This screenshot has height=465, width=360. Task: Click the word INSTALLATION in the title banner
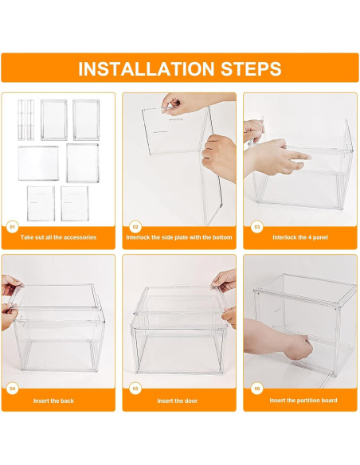(147, 68)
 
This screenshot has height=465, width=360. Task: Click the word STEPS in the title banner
(251, 68)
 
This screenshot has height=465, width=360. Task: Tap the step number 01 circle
(12, 227)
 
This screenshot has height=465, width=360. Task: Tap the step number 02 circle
(135, 227)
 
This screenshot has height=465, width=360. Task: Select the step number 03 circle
(256, 227)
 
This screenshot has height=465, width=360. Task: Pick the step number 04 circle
(12, 389)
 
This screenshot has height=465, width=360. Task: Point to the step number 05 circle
(135, 389)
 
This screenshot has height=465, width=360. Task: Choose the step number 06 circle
(256, 389)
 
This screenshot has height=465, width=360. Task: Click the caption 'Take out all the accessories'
(58, 237)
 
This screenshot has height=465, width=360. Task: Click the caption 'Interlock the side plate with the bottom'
(179, 237)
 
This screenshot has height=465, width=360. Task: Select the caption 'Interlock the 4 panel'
(300, 237)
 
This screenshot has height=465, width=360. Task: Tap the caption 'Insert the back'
(53, 401)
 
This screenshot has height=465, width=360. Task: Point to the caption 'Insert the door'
(178, 401)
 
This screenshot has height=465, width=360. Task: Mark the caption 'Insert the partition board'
(303, 401)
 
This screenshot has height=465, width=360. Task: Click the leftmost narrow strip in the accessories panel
(22, 119)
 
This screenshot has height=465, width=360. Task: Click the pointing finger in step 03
(296, 156)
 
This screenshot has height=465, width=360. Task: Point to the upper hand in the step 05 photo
(224, 279)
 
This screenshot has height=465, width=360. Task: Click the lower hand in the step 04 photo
(10, 316)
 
